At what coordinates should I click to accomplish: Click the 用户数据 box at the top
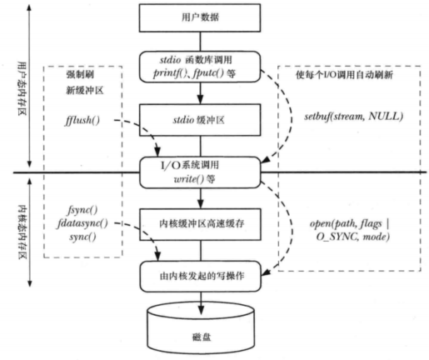coord(200,17)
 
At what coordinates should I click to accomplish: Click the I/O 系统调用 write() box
coord(200,171)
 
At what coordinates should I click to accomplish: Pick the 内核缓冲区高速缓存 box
coord(200,224)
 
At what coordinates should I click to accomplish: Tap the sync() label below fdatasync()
coord(82,237)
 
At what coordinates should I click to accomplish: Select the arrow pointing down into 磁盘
coord(200,296)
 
